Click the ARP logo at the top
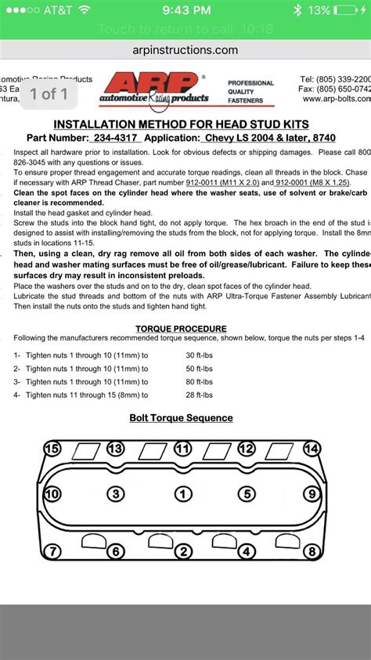point(153,88)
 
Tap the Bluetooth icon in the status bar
point(297,10)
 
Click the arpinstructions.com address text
point(185,49)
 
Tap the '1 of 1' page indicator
point(49,94)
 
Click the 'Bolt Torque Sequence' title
point(181,417)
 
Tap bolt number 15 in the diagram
point(52,449)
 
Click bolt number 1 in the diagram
point(182,494)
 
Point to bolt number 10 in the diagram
point(52,494)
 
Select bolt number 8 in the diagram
point(312,552)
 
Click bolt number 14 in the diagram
point(312,449)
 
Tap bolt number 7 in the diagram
point(52,552)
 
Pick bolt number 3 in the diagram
point(116,494)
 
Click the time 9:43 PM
point(185,10)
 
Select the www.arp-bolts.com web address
point(336,99)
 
